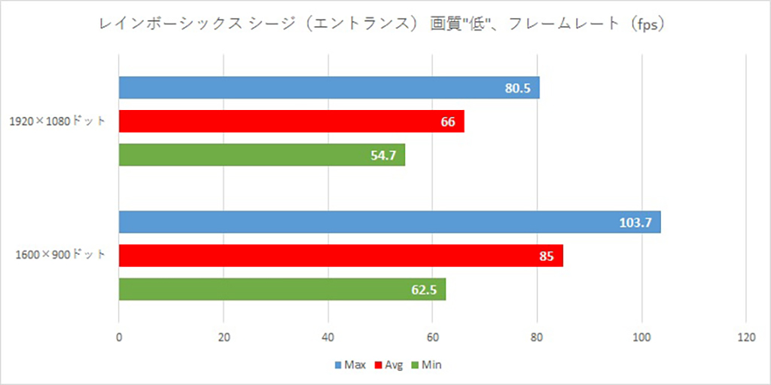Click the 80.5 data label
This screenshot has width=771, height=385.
[x=518, y=88]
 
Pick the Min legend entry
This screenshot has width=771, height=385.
[x=427, y=365]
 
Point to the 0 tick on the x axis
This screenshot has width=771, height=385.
[x=119, y=338]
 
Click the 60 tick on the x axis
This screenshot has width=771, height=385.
[x=432, y=338]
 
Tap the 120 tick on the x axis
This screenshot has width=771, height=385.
[x=745, y=338]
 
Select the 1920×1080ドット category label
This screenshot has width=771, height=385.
[x=58, y=121]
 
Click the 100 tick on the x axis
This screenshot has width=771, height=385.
[x=641, y=338]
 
